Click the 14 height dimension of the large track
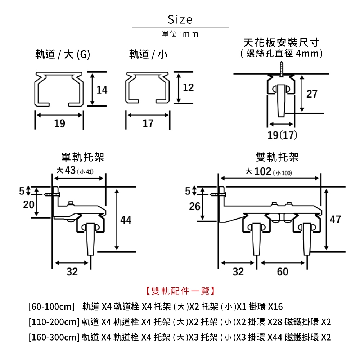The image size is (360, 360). click(x=102, y=90)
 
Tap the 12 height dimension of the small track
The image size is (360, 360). click(x=188, y=87)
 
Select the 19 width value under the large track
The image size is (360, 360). click(x=59, y=124)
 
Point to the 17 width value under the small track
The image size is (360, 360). click(x=148, y=124)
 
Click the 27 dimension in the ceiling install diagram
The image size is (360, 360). click(x=312, y=94)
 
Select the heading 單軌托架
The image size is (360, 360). click(x=83, y=157)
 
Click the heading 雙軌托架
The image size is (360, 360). click(x=277, y=157)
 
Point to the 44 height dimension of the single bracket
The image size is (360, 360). click(x=126, y=220)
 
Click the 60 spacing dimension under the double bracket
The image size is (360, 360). click(x=283, y=272)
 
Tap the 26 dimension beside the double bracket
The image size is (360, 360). click(x=195, y=207)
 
